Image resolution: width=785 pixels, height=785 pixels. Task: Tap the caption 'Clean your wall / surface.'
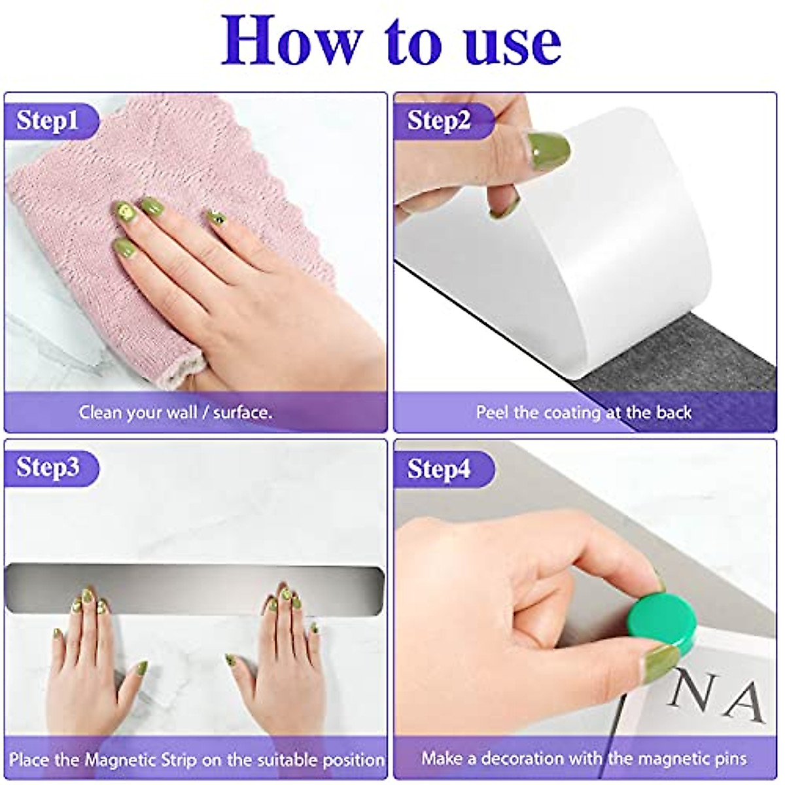click(x=175, y=413)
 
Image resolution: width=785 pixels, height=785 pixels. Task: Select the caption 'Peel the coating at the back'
click(x=584, y=413)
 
